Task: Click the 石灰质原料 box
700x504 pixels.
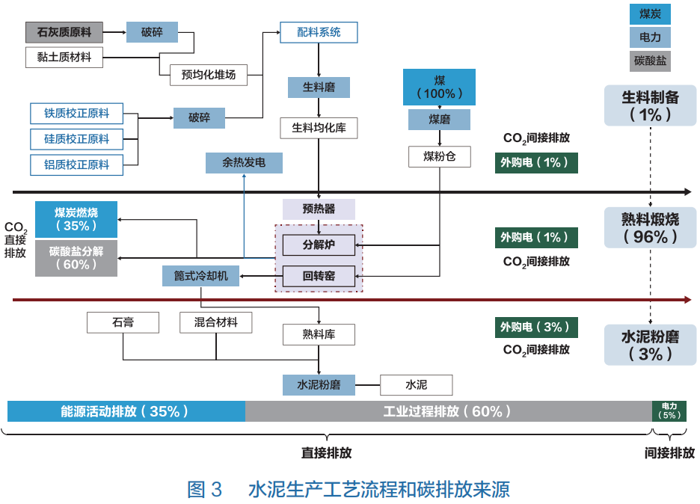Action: click(x=64, y=32)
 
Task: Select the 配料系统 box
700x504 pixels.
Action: click(x=319, y=32)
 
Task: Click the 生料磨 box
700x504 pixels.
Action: click(x=319, y=87)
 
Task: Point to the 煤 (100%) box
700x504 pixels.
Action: click(x=439, y=87)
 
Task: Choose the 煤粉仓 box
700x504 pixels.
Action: click(x=439, y=156)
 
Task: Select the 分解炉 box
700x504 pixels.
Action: click(x=319, y=245)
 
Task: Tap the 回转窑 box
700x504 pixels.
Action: click(x=319, y=276)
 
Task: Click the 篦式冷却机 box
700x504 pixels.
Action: click(x=200, y=276)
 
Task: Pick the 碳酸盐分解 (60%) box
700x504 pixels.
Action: click(x=76, y=258)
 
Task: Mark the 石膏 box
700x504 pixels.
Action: click(x=123, y=322)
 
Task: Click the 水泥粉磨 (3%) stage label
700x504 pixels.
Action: click(x=651, y=345)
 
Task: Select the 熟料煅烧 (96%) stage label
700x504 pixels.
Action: click(x=651, y=227)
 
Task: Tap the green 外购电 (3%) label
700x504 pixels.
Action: click(x=535, y=328)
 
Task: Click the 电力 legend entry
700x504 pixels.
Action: click(x=650, y=37)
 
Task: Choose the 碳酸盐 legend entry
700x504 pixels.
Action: click(x=650, y=61)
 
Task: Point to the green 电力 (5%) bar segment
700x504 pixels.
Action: click(x=669, y=411)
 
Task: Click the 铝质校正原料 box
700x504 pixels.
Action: click(x=76, y=165)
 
